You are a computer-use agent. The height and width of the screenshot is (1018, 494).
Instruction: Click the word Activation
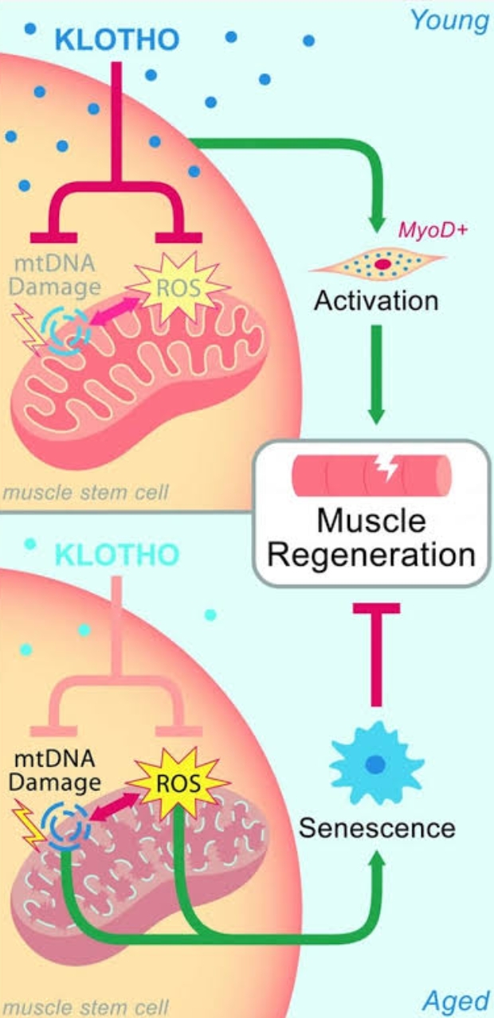[x=376, y=301]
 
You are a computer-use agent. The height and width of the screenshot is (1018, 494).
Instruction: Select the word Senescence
[x=377, y=828]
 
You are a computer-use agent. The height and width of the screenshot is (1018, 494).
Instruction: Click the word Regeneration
[x=372, y=555]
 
